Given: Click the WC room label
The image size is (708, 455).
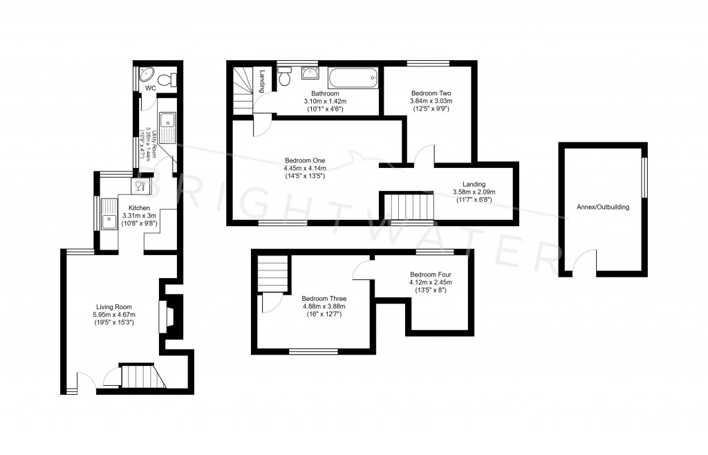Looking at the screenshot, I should [x=150, y=89].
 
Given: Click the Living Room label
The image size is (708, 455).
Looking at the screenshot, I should [x=114, y=307].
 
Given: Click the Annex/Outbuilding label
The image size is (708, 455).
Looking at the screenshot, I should [x=603, y=206].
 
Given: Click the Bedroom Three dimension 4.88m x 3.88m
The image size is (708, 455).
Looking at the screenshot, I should [x=324, y=307].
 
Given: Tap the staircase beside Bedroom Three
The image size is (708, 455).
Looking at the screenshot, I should [x=273, y=274].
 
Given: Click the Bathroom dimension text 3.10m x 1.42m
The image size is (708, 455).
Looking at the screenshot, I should [x=324, y=101].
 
